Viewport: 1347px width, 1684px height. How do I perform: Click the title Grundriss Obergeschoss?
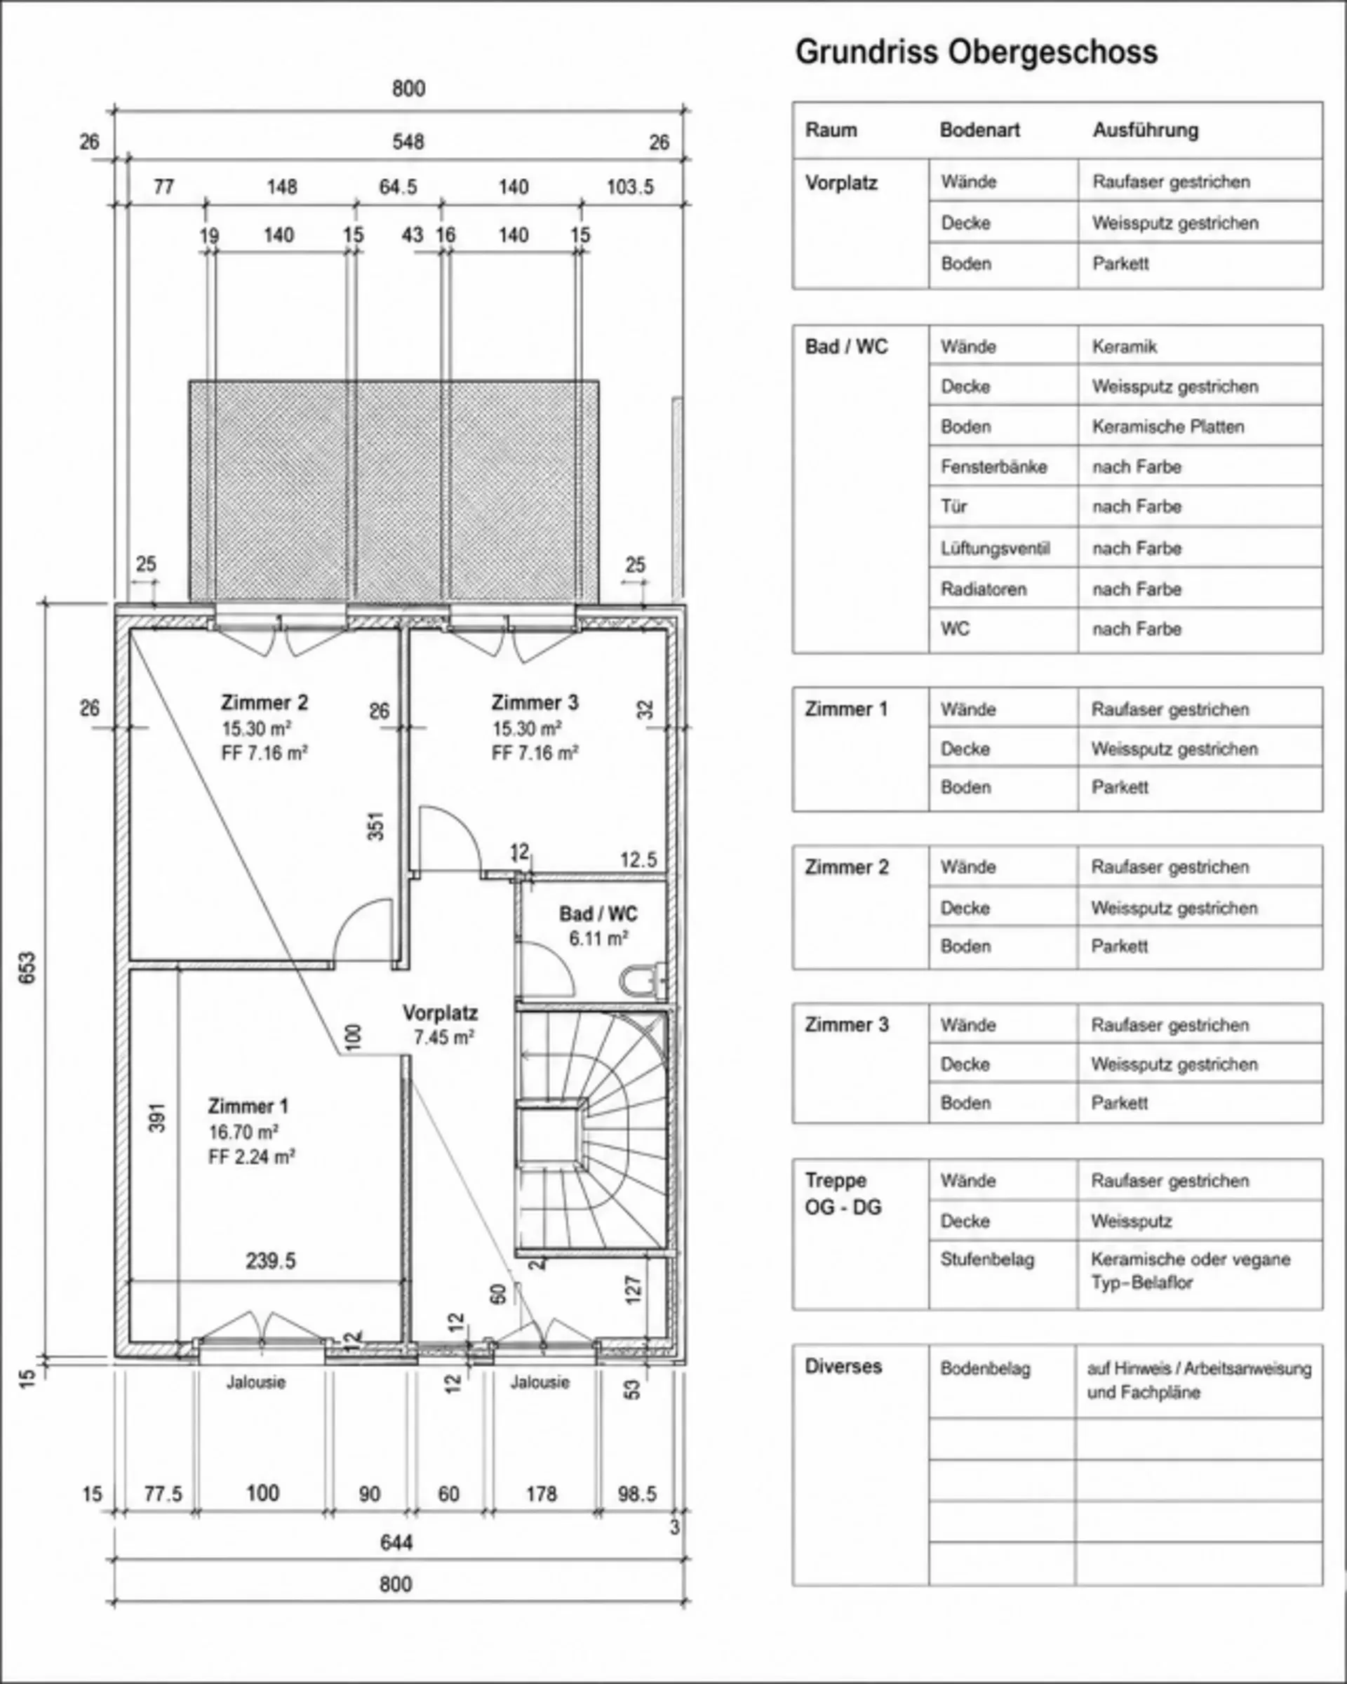click(976, 53)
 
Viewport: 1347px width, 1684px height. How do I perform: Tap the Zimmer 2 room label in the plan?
click(264, 702)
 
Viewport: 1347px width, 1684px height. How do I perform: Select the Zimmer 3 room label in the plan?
click(535, 702)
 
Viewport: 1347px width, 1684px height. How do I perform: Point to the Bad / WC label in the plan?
click(598, 914)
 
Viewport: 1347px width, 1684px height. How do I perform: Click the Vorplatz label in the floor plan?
click(441, 1013)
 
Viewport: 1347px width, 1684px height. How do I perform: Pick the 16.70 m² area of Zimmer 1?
click(243, 1132)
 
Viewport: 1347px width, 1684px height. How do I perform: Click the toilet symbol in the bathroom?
click(643, 980)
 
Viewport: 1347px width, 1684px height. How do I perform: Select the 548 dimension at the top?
click(408, 141)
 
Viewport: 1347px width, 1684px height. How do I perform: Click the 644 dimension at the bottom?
click(396, 1543)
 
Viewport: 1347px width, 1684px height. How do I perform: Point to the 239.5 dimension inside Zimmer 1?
click(270, 1261)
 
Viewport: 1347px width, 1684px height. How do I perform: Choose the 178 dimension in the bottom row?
click(541, 1494)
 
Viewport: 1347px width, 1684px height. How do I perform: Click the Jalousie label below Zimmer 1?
click(256, 1382)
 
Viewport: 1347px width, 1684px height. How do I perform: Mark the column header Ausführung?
click(1146, 130)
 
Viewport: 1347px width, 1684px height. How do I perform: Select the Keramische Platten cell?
click(1167, 427)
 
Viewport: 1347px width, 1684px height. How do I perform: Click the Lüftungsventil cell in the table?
click(995, 548)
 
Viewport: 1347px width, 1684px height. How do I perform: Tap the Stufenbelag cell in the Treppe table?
click(987, 1259)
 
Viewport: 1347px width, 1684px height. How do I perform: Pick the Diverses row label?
click(843, 1366)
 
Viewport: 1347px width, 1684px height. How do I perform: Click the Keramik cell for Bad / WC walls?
click(1124, 346)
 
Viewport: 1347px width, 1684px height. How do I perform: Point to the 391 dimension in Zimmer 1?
click(157, 1117)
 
